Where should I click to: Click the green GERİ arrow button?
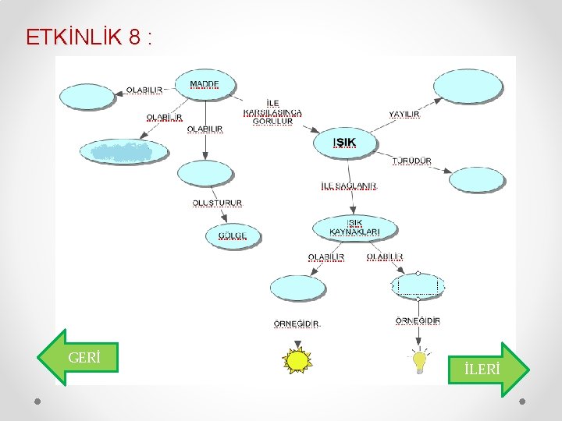coord(78,358)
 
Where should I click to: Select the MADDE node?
coord(205,84)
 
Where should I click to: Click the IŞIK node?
coord(345,142)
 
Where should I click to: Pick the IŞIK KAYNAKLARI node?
coord(354,228)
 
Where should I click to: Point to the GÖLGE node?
coord(232,235)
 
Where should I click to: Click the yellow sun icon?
coord(297,360)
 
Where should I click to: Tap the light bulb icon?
coord(420,361)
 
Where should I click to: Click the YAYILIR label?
coord(404,115)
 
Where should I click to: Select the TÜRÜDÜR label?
coord(412,161)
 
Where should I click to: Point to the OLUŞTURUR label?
coord(217,203)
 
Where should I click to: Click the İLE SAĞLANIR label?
coord(348,186)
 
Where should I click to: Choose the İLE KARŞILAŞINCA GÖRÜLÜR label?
coord(272,112)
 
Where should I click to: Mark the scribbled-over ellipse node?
coord(124,151)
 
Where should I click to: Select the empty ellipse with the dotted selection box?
coord(418,286)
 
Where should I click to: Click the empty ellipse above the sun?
coord(297,287)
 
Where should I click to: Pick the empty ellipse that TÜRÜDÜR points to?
coord(477,179)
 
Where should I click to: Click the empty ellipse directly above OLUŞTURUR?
coord(205,172)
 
